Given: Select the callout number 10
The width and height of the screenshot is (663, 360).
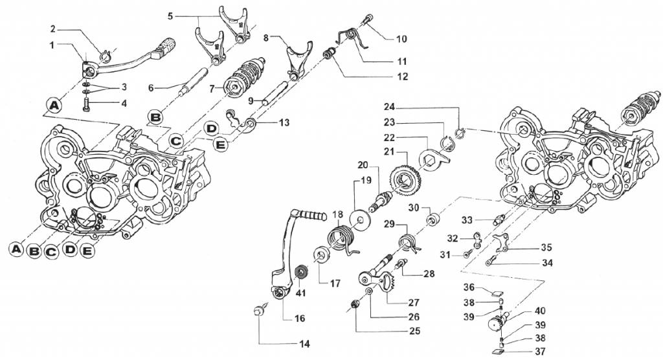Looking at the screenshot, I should tap(402, 39).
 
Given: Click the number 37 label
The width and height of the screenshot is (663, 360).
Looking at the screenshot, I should tap(522, 352).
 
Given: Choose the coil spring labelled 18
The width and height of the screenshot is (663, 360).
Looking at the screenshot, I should tap(341, 235).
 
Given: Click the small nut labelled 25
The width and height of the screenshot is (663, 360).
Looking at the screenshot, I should tap(355, 305).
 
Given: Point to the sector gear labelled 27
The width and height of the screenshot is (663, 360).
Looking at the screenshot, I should tap(387, 284).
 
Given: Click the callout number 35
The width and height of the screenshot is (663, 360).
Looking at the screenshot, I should tap(546, 247).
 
